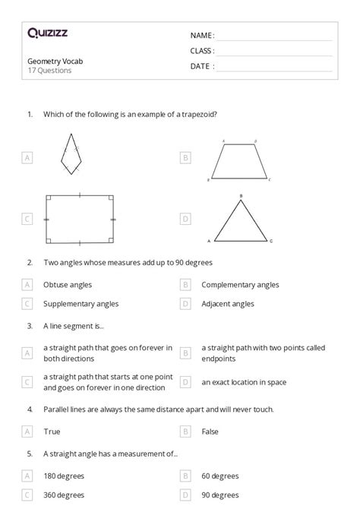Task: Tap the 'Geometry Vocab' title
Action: (x=52, y=62)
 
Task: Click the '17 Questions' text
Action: (x=49, y=71)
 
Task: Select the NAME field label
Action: (x=202, y=35)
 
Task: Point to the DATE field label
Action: (x=202, y=66)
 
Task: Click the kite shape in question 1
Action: (x=71, y=154)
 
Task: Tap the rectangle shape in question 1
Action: (x=80, y=219)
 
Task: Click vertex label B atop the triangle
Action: (x=241, y=196)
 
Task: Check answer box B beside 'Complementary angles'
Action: (x=185, y=285)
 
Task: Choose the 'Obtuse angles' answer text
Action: (x=68, y=285)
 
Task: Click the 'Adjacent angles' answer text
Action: (x=228, y=304)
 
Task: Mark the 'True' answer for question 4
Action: (x=52, y=431)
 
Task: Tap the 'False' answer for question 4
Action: (x=210, y=431)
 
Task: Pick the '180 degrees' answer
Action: (x=64, y=476)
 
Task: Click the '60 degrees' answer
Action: (x=220, y=476)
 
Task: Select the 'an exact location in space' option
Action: (x=248, y=382)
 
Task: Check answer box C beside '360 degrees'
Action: (x=27, y=495)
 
